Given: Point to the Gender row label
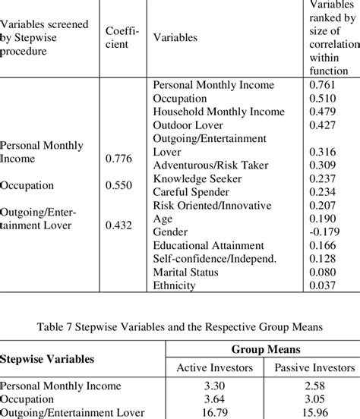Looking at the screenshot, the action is tap(171, 232).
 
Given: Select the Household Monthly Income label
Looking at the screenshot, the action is tap(218, 112).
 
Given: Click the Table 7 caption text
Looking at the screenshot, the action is tap(180, 328).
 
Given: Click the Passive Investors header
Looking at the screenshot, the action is tap(309, 368).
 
